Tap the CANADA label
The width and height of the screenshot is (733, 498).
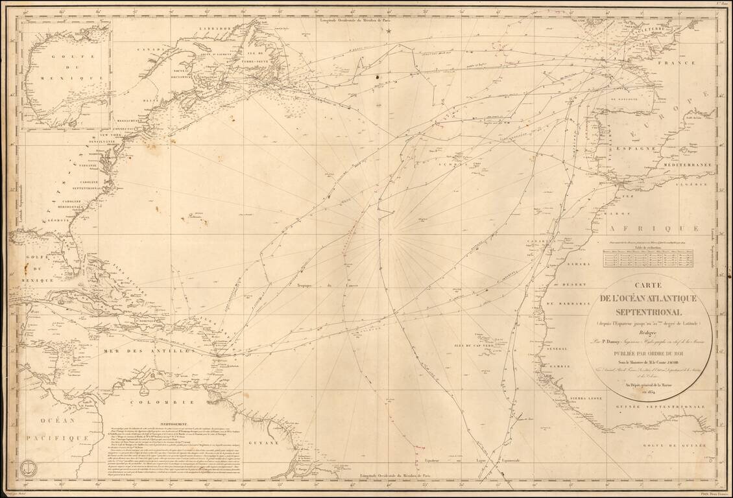pyautogui.click(x=154, y=49)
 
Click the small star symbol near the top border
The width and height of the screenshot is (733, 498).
pyautogui.click(x=389, y=30)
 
